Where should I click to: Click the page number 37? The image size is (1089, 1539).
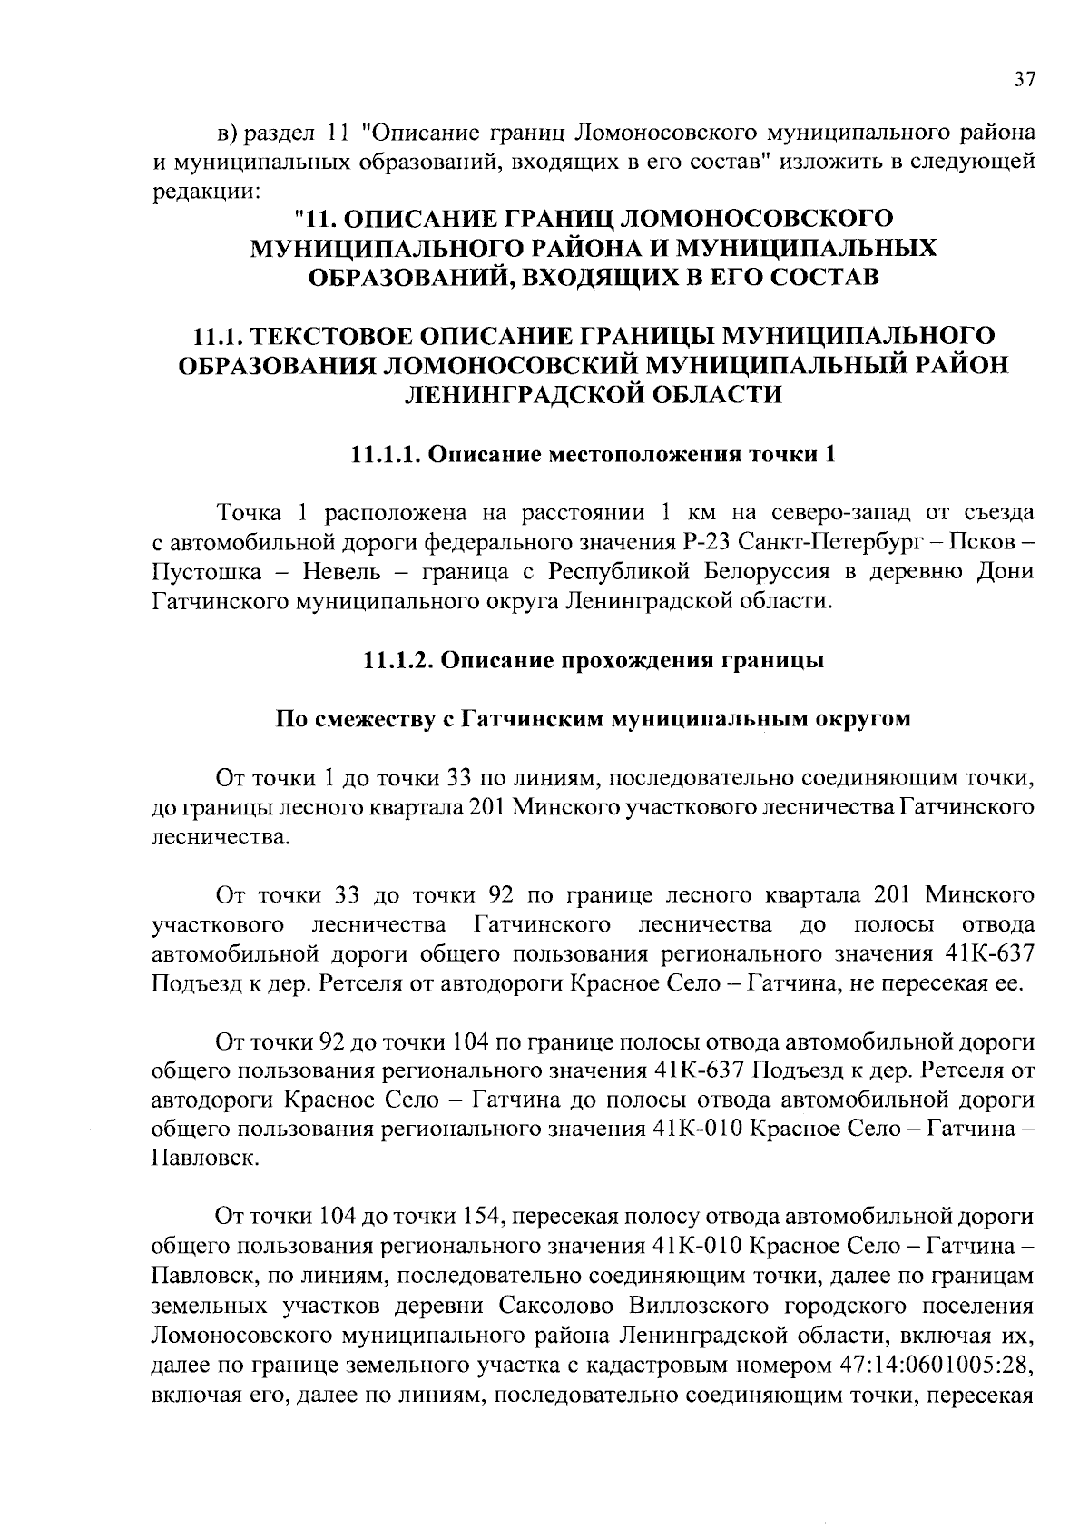(x=1023, y=79)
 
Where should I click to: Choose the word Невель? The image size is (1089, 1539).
(x=339, y=572)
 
